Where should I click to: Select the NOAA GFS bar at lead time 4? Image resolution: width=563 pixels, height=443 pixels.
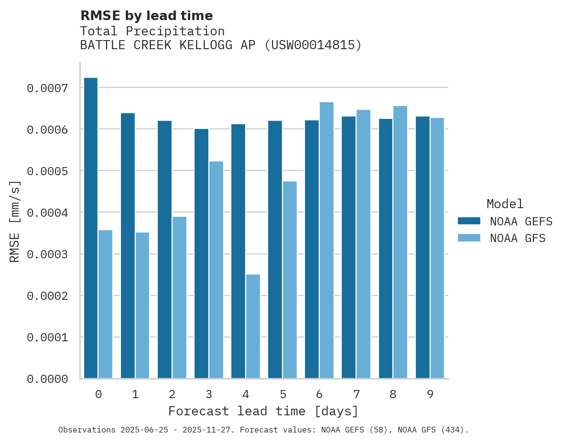pyautogui.click(x=253, y=327)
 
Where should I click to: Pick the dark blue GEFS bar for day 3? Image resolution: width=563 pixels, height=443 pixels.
pyautogui.click(x=201, y=253)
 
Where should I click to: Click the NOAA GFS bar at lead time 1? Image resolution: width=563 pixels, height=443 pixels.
pyautogui.click(x=142, y=305)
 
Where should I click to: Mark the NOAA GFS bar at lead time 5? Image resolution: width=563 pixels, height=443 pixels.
pyautogui.click(x=290, y=280)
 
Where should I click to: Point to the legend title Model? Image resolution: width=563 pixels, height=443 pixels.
pyautogui.click(x=505, y=204)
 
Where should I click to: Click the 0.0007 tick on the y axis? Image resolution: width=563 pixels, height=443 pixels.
pyautogui.click(x=47, y=88)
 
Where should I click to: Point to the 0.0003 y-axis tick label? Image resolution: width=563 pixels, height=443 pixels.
pyautogui.click(x=47, y=254)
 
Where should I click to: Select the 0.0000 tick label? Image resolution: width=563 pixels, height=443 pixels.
pyautogui.click(x=47, y=379)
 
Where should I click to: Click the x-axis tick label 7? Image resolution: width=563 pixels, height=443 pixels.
pyautogui.click(x=356, y=394)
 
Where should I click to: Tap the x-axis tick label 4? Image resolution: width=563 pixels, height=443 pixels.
pyautogui.click(x=246, y=394)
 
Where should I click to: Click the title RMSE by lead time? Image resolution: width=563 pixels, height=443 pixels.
pyautogui.click(x=146, y=16)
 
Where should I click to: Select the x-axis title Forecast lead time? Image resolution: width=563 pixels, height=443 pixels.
pyautogui.click(x=263, y=411)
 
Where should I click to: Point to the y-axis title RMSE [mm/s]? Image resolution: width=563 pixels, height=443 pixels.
pyautogui.click(x=15, y=221)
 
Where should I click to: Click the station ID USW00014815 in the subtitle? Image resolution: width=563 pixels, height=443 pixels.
pyautogui.click(x=313, y=45)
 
